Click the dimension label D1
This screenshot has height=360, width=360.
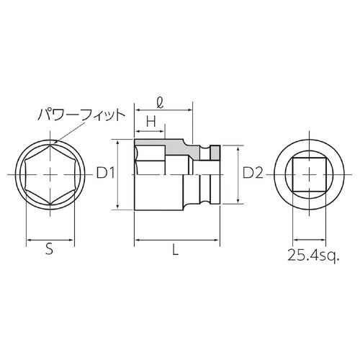(106, 173)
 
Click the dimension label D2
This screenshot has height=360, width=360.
(253, 173)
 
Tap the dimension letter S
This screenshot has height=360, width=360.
(48, 250)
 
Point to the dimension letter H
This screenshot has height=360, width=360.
(151, 122)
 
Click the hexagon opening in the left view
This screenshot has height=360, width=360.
(48, 174)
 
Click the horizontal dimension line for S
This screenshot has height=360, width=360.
(48, 238)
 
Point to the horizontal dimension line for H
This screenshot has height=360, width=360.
(151, 132)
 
